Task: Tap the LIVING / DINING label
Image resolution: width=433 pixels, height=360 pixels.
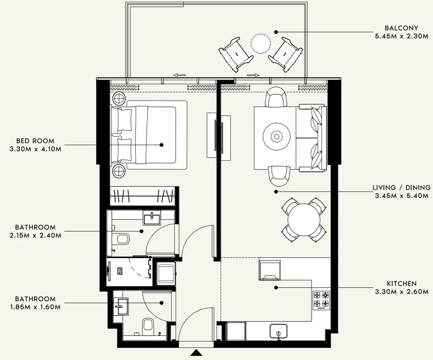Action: coord(401,188)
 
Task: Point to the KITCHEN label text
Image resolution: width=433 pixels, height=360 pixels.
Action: coord(401,284)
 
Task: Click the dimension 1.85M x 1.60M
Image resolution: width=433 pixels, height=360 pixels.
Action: coord(35,306)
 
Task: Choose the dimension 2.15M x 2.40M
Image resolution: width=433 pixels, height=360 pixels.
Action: coord(35,235)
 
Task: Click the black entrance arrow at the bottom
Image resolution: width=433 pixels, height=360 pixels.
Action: coord(196,353)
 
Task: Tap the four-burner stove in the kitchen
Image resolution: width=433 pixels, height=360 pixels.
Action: coord(321,300)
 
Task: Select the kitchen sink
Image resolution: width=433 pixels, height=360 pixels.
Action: coord(278,331)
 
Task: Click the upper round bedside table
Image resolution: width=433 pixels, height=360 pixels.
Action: coord(119,99)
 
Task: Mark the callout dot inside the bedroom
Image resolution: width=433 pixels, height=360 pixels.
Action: coord(161,145)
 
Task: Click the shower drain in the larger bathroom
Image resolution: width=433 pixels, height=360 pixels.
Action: coord(120,271)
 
